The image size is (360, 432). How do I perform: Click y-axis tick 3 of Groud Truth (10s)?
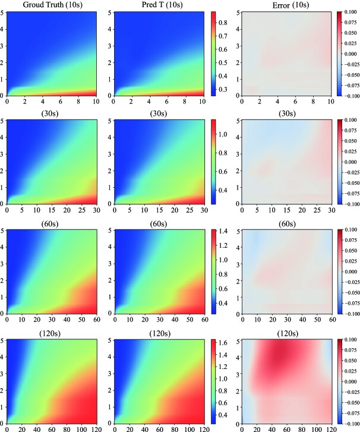(4, 45)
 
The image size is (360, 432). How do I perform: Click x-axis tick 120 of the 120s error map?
(324, 427)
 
